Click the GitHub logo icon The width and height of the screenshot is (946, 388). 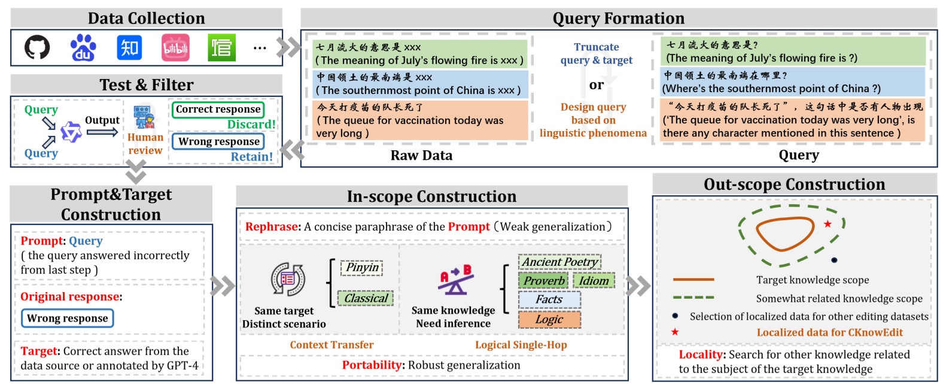tap(37, 47)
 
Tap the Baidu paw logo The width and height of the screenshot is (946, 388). tap(83, 47)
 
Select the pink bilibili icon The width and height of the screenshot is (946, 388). tap(175, 48)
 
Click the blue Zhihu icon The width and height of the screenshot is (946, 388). tap(129, 47)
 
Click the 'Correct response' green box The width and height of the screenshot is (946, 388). tap(218, 110)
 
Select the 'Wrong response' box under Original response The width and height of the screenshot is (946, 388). tap(67, 318)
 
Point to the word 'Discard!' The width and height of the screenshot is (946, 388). tap(251, 125)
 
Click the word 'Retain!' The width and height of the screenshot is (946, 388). tap(252, 157)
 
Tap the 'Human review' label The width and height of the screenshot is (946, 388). tap(145, 144)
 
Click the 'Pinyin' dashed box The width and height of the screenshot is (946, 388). tap(362, 268)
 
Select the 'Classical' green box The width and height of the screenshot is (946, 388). tap(366, 298)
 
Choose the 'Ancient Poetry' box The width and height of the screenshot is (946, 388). tap(559, 262)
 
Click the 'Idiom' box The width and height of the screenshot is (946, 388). tap(594, 281)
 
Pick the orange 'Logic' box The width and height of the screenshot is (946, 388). tap(549, 319)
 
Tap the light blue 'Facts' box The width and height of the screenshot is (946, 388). tap(549, 299)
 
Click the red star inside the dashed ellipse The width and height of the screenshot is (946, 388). tap(828, 224)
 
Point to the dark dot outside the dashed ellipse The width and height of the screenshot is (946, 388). tap(834, 260)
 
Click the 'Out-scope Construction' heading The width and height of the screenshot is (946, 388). tap(794, 184)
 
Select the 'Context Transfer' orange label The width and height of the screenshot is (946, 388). tap(331, 345)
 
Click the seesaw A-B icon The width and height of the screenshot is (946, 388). tap(455, 280)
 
